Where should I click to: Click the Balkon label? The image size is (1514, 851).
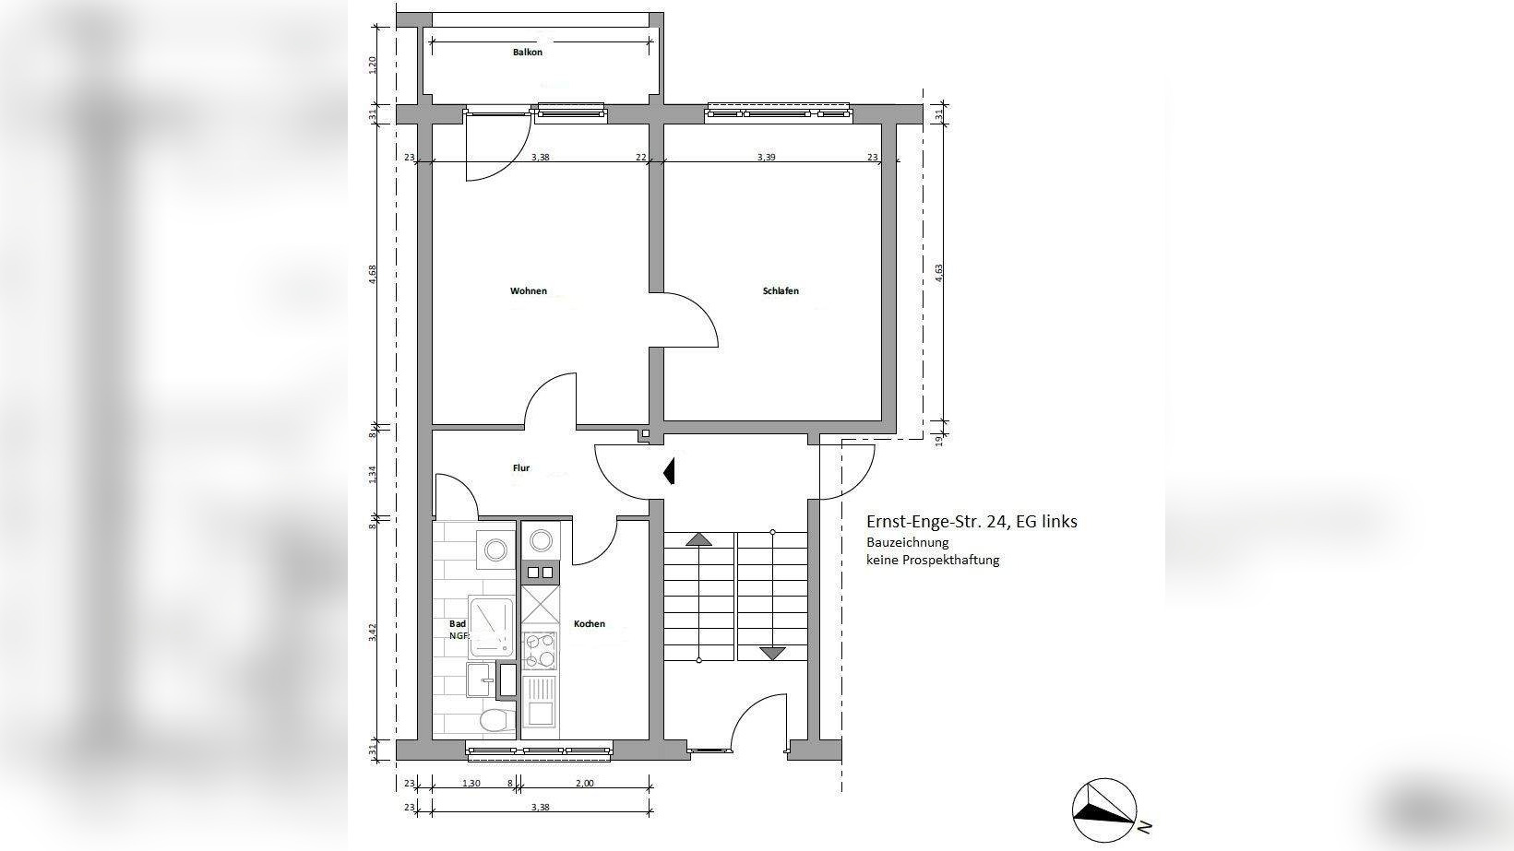(528, 53)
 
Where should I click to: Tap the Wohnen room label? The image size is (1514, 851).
(529, 291)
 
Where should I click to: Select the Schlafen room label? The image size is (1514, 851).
(781, 291)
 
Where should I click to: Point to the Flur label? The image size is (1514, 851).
(521, 468)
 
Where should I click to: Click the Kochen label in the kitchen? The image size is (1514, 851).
(590, 624)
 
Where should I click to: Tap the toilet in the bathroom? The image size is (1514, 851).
(497, 721)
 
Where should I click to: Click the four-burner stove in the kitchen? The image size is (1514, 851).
(540, 650)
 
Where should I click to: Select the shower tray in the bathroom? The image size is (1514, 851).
(491, 625)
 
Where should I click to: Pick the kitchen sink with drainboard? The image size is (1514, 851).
(540, 701)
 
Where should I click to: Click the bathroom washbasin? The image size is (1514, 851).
(482, 680)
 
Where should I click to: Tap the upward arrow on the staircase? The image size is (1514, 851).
(699, 539)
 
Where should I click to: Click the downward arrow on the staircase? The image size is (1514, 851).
(772, 654)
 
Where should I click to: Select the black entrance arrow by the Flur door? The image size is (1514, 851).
(670, 471)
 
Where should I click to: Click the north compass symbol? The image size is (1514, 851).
(1104, 810)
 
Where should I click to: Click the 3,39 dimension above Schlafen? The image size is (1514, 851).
(766, 157)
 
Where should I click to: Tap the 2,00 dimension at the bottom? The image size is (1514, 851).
(584, 784)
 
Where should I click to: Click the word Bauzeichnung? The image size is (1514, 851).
(907, 542)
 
